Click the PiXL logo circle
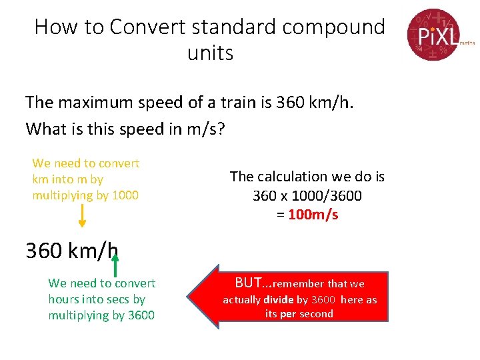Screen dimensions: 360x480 click(433, 34)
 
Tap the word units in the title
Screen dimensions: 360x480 click(211, 53)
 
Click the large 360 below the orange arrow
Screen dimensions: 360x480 click(45, 251)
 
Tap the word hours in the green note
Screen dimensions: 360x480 click(63, 299)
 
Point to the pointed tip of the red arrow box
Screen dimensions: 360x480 click(189, 297)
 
